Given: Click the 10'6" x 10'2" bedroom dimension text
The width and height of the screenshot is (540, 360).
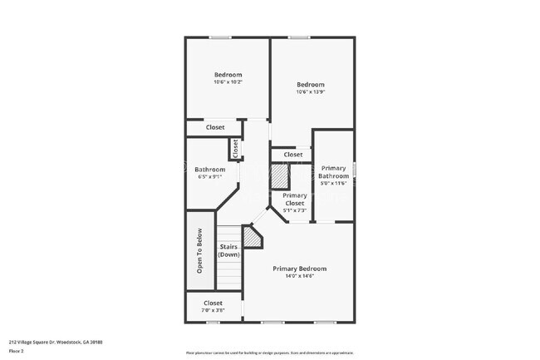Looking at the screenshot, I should pyautogui.click(x=228, y=82).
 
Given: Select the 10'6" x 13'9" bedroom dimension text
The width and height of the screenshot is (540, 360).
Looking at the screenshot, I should pyautogui.click(x=311, y=91).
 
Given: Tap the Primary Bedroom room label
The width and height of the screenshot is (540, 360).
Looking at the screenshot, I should pyautogui.click(x=300, y=269).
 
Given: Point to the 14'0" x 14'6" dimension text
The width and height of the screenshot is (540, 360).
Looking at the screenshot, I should pyautogui.click(x=300, y=276).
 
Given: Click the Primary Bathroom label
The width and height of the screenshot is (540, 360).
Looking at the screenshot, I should pyautogui.click(x=334, y=172).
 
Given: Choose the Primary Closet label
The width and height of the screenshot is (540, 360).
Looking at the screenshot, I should pyautogui.click(x=295, y=200).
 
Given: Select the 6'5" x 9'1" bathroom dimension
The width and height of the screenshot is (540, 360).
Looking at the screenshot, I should pyautogui.click(x=210, y=176).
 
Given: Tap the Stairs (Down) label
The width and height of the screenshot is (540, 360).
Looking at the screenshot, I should pyautogui.click(x=229, y=250).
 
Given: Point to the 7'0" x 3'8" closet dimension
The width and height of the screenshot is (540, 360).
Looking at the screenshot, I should pyautogui.click(x=214, y=311).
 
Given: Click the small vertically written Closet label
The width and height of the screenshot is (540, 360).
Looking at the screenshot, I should pyautogui.click(x=236, y=148).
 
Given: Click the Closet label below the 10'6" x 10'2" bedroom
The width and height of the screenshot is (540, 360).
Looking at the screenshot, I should pyautogui.click(x=215, y=127).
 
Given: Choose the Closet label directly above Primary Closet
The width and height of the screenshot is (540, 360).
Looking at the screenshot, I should pyautogui.click(x=292, y=155).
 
